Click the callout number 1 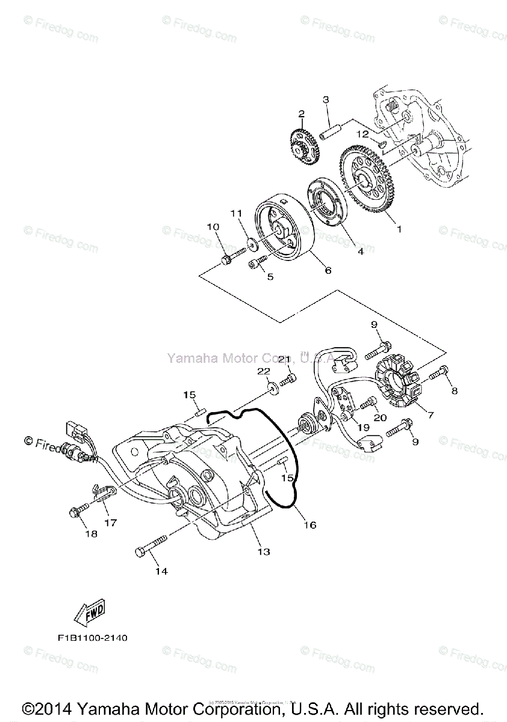[x=397, y=229]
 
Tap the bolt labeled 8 [x=437, y=374]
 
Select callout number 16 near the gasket [x=309, y=525]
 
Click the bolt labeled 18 [x=77, y=512]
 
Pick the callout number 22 [x=264, y=372]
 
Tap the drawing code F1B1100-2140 [x=89, y=637]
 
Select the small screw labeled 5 [x=258, y=264]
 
